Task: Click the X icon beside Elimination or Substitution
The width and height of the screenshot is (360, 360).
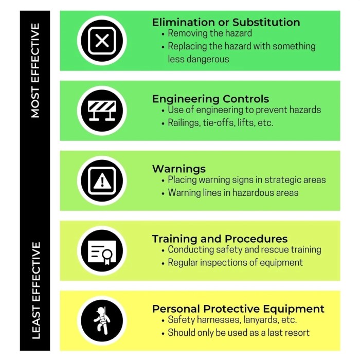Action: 102,41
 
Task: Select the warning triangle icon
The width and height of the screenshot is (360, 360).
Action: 102,181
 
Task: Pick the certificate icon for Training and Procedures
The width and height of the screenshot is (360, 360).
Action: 102,250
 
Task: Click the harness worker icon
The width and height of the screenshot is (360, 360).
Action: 102,320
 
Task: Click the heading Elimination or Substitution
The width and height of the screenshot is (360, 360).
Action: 226,23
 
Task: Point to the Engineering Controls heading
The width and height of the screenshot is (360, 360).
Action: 210,99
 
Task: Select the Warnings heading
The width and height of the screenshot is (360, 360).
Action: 178,169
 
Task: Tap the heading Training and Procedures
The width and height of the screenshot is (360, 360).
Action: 220,239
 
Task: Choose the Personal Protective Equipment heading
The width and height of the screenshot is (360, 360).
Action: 238,309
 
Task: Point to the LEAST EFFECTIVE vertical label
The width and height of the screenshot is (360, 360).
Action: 35,291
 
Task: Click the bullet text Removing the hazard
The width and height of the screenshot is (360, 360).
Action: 210,33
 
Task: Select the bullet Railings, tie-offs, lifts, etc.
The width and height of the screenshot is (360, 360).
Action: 220,123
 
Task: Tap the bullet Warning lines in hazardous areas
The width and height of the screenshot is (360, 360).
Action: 233,193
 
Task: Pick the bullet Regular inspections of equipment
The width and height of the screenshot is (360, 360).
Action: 235,263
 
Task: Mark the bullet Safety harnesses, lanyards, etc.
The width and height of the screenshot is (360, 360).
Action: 232,320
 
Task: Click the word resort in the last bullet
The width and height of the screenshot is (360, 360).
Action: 296,333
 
